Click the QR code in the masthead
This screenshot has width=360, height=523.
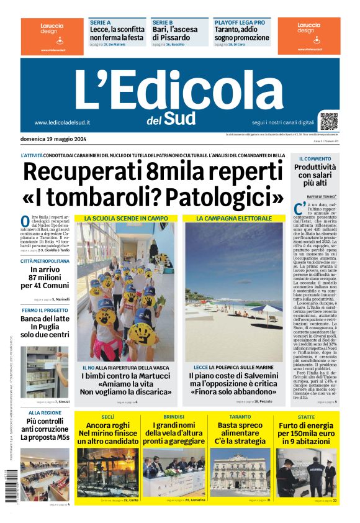(x=329, y=121)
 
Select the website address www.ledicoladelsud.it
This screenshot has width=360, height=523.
(x=63, y=123)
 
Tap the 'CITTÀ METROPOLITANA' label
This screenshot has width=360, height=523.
(x=45, y=261)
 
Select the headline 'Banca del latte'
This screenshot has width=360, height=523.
(x=45, y=319)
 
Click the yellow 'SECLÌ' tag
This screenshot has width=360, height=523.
(x=108, y=417)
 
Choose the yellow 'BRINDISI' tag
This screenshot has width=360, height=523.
(x=174, y=417)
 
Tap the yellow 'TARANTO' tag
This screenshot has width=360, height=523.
(x=240, y=417)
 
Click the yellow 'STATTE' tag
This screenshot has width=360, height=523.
(x=306, y=417)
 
